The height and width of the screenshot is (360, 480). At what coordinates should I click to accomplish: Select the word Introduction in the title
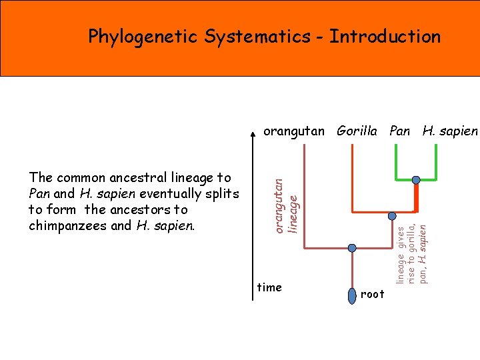click(x=385, y=36)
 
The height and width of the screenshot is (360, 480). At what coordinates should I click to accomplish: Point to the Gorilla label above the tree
click(x=357, y=131)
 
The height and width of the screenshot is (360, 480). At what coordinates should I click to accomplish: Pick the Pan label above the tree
click(x=399, y=131)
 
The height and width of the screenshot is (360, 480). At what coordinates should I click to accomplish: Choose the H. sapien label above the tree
click(x=450, y=131)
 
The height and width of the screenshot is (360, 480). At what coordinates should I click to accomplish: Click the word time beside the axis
click(x=269, y=287)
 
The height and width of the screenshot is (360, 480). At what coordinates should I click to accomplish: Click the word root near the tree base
click(x=373, y=294)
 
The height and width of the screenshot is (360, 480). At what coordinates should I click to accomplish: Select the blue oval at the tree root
click(x=353, y=295)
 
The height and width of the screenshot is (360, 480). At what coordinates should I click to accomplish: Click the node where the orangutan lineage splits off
click(x=352, y=248)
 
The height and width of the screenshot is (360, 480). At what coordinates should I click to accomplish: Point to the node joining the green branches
click(x=415, y=180)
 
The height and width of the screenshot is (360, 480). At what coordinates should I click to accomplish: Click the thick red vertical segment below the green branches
click(x=417, y=197)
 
